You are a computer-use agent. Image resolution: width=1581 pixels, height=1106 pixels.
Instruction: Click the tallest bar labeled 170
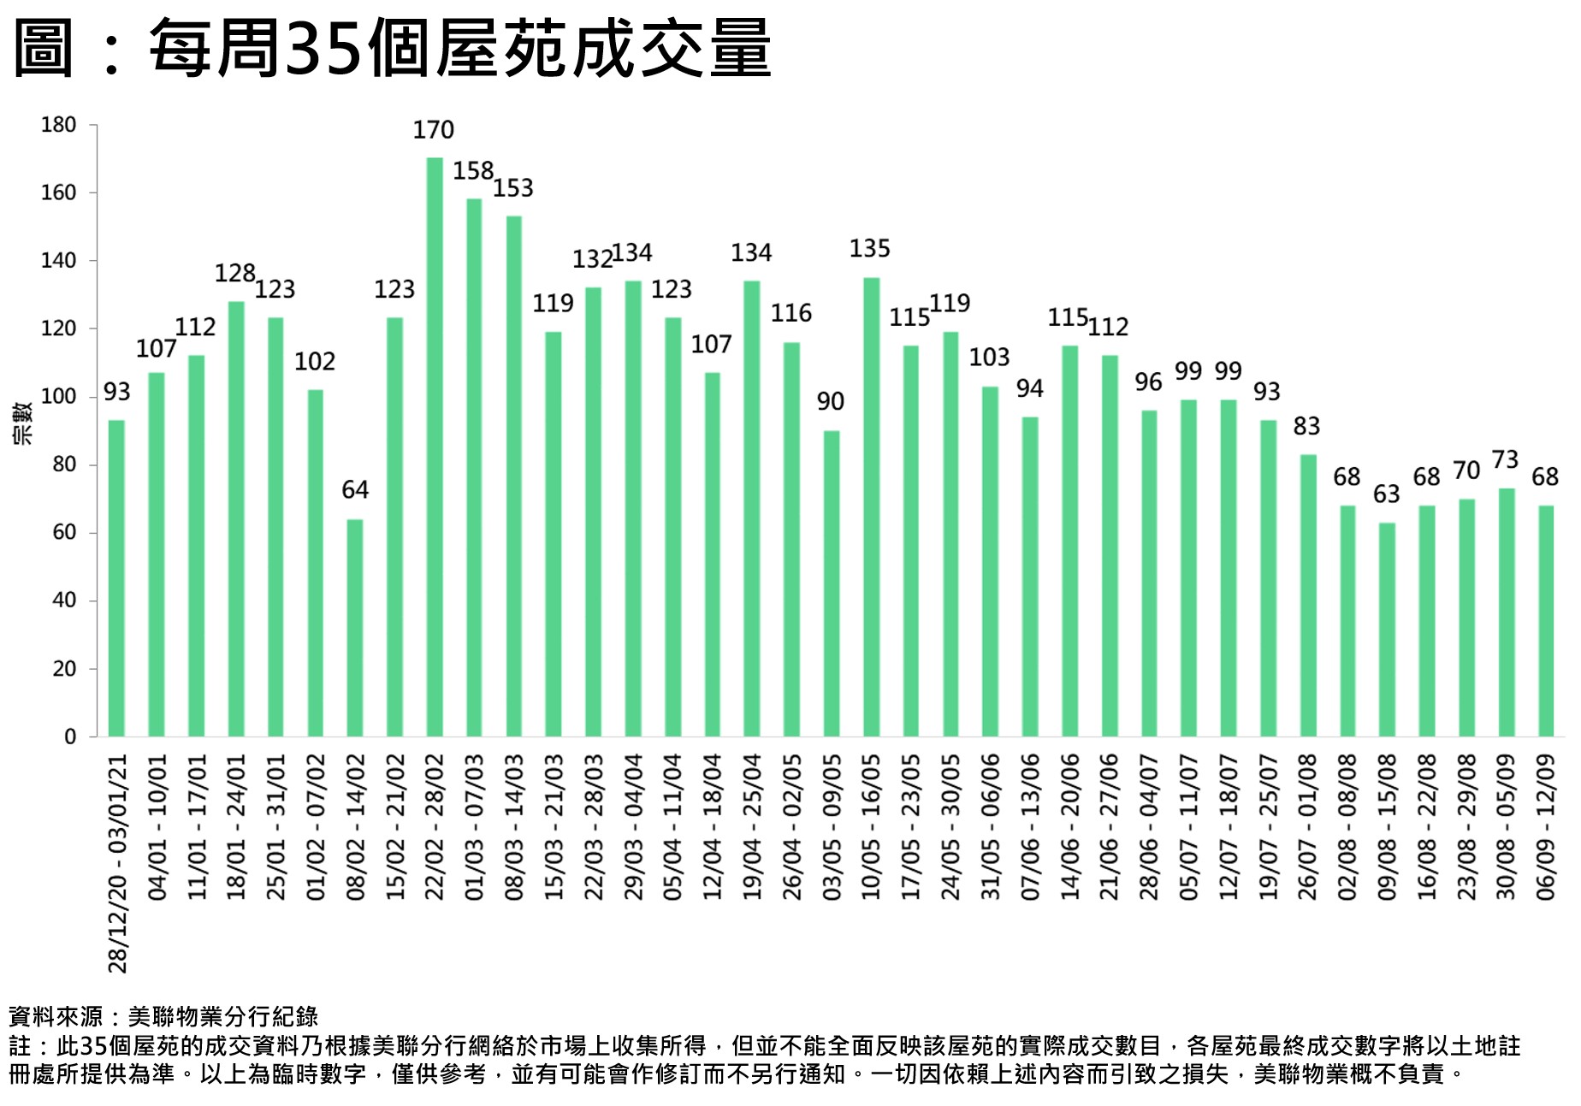(x=435, y=447)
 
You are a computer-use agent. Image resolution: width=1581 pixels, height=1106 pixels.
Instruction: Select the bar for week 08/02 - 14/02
(x=355, y=628)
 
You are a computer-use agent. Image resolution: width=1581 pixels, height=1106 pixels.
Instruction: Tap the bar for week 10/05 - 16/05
(x=871, y=506)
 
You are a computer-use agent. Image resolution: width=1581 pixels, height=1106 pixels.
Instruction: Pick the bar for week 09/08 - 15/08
(x=1387, y=630)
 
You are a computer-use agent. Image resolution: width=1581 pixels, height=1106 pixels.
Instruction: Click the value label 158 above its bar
(x=473, y=171)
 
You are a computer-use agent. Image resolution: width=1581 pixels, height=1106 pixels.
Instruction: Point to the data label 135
(x=870, y=249)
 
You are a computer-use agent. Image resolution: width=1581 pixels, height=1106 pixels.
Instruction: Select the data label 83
(x=1306, y=426)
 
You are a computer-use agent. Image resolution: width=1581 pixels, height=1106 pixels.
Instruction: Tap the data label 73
(x=1505, y=460)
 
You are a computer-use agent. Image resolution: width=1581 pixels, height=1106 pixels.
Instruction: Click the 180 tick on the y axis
(x=59, y=125)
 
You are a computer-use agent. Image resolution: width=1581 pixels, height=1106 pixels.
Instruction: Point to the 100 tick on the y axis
(x=59, y=397)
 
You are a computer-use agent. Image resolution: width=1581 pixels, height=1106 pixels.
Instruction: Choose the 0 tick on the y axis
(x=70, y=736)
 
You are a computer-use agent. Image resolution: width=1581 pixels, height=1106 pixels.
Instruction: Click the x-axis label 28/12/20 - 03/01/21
(x=117, y=863)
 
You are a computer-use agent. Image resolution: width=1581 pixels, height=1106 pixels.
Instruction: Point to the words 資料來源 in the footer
(x=56, y=1016)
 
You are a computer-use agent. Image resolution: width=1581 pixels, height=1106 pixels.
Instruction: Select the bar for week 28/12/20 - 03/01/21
(x=117, y=578)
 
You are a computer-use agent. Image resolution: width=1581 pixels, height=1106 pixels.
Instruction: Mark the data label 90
(x=830, y=402)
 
